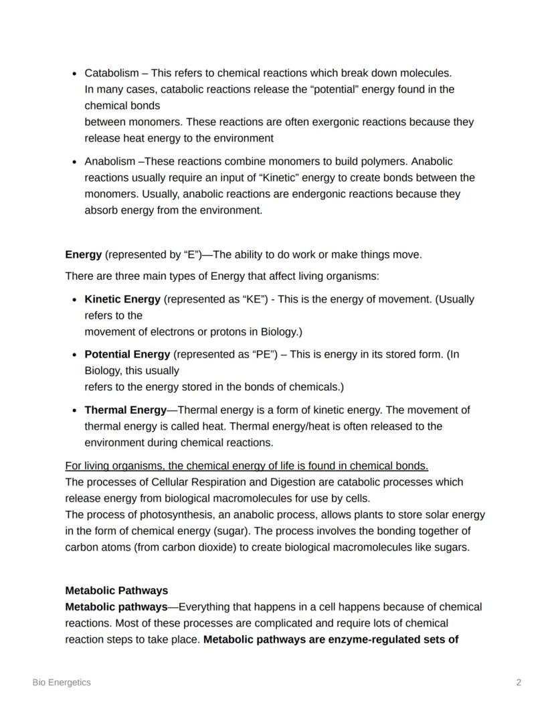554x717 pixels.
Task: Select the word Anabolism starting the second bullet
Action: coord(110,161)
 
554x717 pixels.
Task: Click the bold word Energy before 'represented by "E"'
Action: coord(84,254)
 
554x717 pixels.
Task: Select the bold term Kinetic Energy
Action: coord(122,299)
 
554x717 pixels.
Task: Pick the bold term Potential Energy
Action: coord(127,354)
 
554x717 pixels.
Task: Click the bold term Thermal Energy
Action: coord(125,410)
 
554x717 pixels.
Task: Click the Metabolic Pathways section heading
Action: coord(116,590)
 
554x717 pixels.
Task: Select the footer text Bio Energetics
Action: coord(62,682)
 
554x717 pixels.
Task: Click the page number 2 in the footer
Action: coord(519,682)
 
